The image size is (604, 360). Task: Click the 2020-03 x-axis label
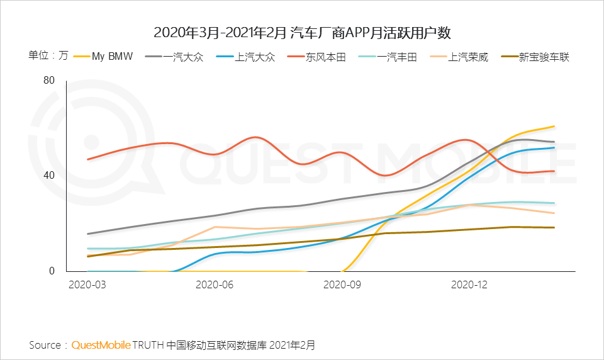[x=87, y=284]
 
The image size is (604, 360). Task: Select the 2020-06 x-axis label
[x=215, y=284]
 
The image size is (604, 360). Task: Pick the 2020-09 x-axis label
[x=342, y=284]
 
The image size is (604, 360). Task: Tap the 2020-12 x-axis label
[x=469, y=284]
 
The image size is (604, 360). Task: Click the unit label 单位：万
[x=48, y=55]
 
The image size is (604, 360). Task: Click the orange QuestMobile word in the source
[x=101, y=345]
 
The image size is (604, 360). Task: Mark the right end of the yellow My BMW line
[x=554, y=127]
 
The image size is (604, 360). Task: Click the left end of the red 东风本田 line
[x=88, y=159]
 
